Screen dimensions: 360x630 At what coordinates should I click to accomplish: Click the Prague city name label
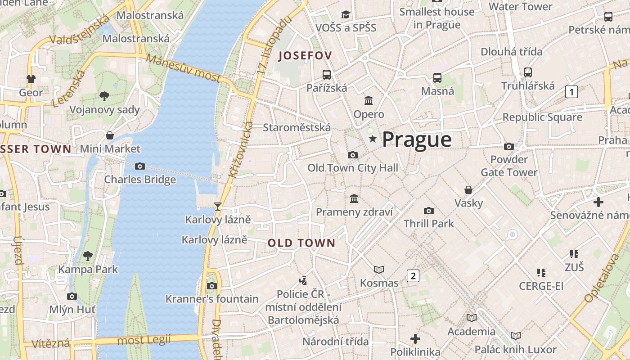coord(417,139)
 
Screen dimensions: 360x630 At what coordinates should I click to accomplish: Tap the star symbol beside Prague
coord(373,139)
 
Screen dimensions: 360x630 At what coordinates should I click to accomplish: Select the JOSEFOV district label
coord(305,56)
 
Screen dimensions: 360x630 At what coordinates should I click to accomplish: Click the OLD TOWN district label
coord(301,243)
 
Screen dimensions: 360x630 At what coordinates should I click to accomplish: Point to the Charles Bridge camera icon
coord(140,166)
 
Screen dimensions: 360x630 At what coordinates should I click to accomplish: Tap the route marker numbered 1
coord(571,92)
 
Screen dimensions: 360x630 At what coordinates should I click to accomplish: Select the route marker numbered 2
coord(413,275)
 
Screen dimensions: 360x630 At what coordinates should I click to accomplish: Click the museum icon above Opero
coord(369,100)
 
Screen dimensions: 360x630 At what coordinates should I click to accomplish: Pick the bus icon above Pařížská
coord(327,74)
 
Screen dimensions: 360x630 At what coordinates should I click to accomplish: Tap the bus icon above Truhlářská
coord(528,72)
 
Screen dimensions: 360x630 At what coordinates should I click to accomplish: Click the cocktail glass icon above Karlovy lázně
coord(218,206)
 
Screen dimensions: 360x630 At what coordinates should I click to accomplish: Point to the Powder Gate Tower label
coord(509,166)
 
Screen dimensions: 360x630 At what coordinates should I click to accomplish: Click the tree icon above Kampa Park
coord(88,256)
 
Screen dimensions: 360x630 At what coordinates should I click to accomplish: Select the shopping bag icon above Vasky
coord(468,189)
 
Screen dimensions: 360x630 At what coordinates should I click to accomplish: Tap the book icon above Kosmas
coord(379,270)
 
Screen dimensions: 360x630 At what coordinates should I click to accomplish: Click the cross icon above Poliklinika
coord(415,338)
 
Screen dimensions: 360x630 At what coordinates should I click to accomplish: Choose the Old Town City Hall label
coord(353,168)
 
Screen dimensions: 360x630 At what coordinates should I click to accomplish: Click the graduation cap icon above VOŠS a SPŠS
coord(346,14)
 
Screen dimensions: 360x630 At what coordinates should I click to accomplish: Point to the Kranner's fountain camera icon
coord(211,286)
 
